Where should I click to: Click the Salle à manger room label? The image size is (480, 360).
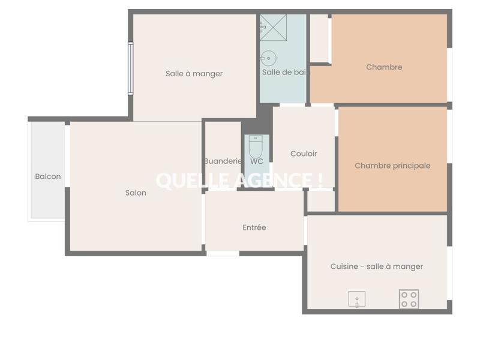coord(194,74)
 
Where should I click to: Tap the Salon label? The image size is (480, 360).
coord(136,193)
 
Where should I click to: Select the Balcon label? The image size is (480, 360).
coord(48,176)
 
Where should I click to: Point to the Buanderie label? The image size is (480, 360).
coord(223,161)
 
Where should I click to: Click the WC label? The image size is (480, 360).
coord(257,161)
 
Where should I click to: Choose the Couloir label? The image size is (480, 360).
coord(304,154)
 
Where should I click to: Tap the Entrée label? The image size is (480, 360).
coord(254,227)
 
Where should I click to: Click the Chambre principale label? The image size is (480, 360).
coord(392,166)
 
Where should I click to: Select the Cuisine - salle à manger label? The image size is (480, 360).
coord(377,266)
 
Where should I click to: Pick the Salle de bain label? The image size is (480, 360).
coord(285,72)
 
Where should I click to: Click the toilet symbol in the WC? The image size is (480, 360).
coord(256,146)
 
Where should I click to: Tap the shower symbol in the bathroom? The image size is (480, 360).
coord(273,28)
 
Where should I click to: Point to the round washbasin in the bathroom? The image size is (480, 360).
coord(268,59)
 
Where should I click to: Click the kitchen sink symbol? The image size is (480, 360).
coord(357,299)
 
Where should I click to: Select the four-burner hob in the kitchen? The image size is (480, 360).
coord(409,299)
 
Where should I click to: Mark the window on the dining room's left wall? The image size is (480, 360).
coord(130,68)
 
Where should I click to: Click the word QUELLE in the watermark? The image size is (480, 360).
coord(188,180)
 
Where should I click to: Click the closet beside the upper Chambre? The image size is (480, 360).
coord(319,38)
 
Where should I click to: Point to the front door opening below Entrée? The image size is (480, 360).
coord(223,253)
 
